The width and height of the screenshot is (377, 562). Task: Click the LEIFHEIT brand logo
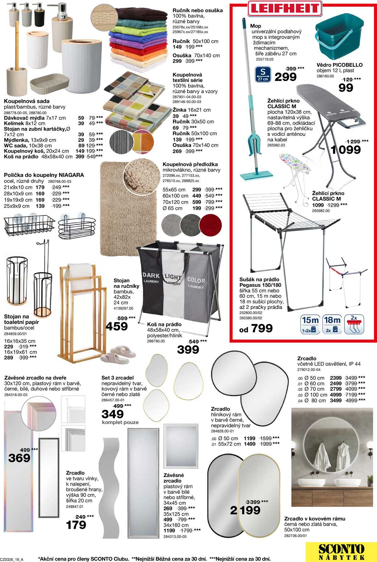point(285,8)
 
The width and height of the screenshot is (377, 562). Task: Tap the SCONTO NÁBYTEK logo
point(341,552)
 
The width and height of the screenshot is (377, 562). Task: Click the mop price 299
point(285,77)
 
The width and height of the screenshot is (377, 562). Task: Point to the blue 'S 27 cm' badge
point(263,74)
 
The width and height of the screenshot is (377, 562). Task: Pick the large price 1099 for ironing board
point(346,150)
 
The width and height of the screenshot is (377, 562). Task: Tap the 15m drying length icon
point(310,324)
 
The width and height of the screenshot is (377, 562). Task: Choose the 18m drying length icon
point(332,324)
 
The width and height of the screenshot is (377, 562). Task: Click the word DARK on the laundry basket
point(151,275)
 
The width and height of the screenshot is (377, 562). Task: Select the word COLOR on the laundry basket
point(196,280)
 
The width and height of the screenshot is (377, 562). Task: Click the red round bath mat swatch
point(210,224)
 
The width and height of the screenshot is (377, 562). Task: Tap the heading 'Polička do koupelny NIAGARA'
point(44,175)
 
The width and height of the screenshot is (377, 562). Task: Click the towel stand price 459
point(117,326)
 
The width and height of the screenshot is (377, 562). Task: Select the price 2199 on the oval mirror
point(245,510)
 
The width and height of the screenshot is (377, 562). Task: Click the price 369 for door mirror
point(19,458)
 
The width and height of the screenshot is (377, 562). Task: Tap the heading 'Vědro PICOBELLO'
point(339,65)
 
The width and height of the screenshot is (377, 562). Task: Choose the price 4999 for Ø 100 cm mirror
point(336,395)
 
